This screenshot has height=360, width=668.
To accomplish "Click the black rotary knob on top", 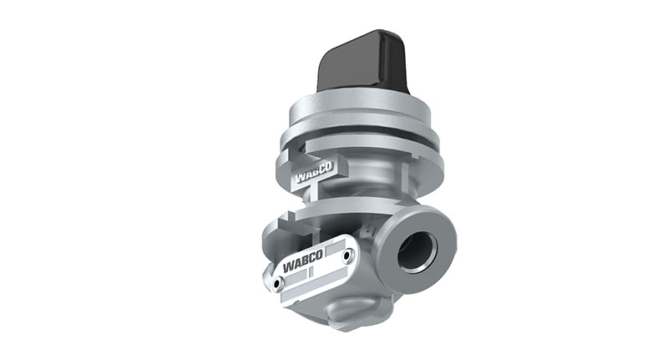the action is [x=362, y=62].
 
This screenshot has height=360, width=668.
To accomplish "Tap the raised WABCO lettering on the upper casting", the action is [x=314, y=172].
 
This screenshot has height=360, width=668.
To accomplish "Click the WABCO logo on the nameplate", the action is [x=303, y=261].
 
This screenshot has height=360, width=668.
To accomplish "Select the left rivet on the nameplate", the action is [x=278, y=283].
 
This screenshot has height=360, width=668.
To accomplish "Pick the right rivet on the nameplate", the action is [x=347, y=256].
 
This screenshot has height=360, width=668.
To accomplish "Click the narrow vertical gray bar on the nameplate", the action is [x=311, y=271].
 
